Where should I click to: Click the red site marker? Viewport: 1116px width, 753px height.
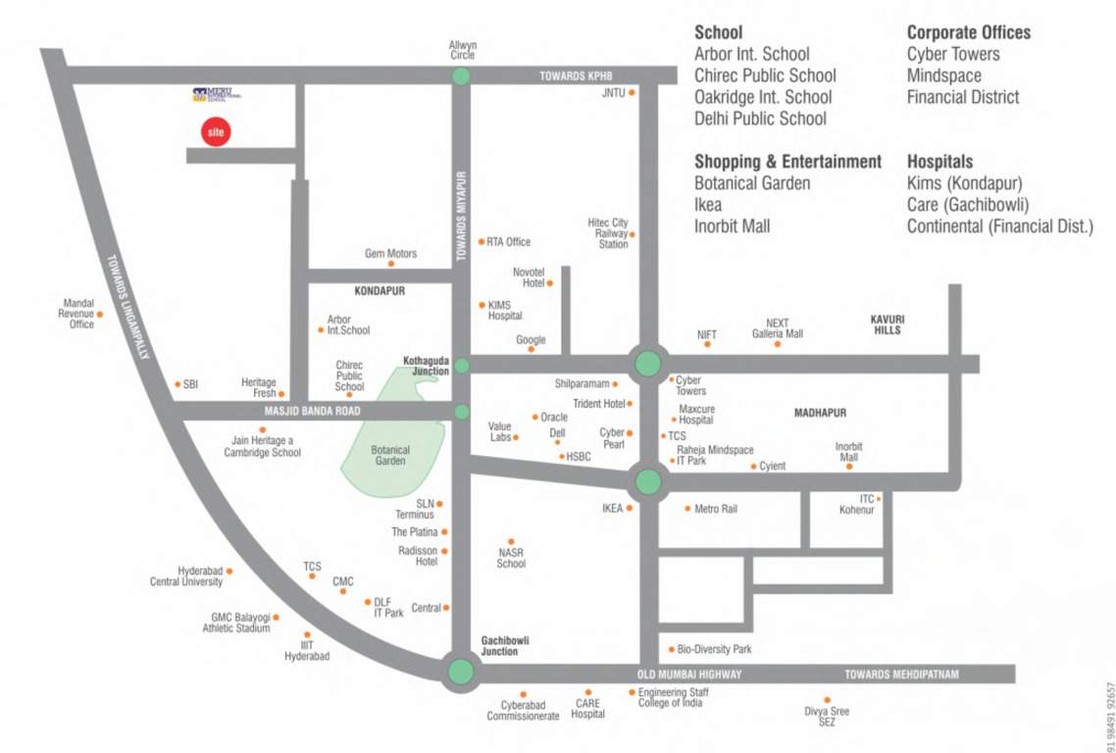[215, 131]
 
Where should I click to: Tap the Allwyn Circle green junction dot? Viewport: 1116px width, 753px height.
[462, 75]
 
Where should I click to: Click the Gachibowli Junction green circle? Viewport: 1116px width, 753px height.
[460, 672]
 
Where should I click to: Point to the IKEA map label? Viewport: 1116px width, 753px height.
[613, 509]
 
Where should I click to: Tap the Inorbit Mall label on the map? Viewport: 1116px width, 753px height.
[848, 452]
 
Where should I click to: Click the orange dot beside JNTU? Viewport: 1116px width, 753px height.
[633, 93]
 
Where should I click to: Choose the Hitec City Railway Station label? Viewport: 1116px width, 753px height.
[608, 233]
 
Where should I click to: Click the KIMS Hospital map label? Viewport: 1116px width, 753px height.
[505, 311]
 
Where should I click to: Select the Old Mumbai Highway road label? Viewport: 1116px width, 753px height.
[688, 675]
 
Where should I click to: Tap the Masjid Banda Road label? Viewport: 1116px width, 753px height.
[312, 411]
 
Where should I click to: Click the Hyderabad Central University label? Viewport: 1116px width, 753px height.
[186, 577]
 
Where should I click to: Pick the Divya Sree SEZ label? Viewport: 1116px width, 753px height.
[827, 717]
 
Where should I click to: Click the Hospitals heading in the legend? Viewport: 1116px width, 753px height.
[939, 161]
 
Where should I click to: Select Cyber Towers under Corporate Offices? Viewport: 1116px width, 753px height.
[952, 54]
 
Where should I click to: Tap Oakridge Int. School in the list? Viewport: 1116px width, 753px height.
[762, 97]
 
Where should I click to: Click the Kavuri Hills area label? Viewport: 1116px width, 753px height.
[887, 325]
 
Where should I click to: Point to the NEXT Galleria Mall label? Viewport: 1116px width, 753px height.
[777, 328]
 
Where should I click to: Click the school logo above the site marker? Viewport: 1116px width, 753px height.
[216, 95]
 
